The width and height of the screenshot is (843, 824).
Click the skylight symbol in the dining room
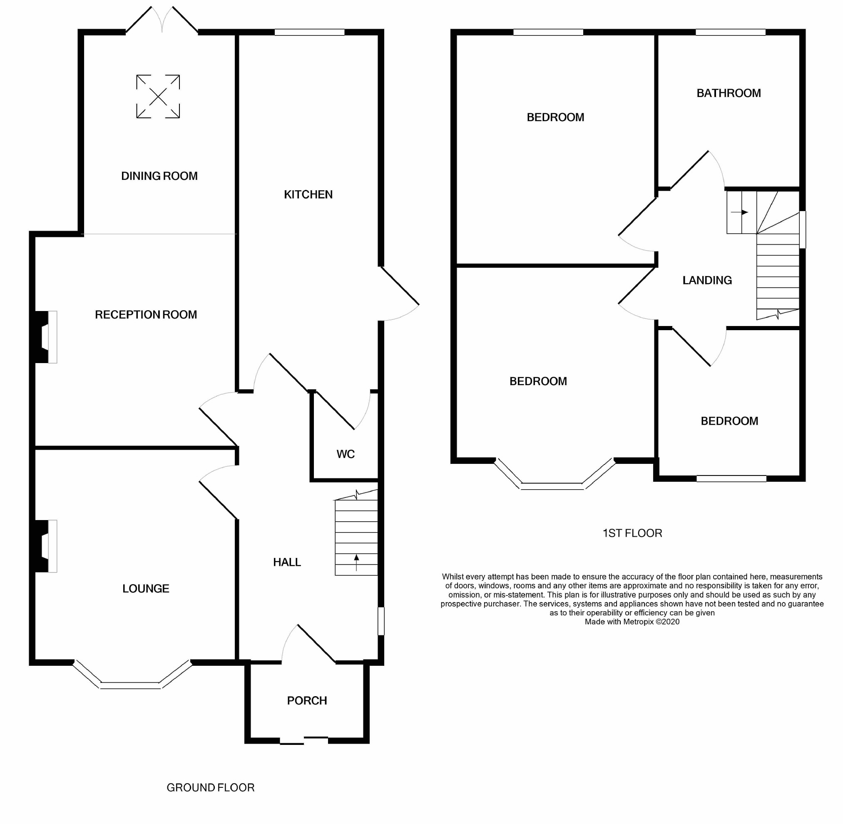click(158, 97)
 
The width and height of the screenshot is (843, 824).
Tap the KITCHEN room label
click(308, 195)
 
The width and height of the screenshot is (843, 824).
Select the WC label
click(346, 454)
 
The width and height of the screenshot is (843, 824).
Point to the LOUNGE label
click(146, 589)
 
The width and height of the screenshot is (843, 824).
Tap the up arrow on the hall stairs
click(356, 562)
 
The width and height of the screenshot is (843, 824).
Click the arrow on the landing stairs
click(739, 212)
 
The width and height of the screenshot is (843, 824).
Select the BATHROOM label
click(729, 93)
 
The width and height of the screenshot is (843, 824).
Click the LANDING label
click(707, 281)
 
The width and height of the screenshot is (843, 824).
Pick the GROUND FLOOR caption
click(211, 788)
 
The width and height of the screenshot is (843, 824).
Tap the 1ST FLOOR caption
click(632, 533)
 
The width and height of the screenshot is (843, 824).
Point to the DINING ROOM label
click(159, 176)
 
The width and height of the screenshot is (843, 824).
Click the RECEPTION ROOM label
click(146, 315)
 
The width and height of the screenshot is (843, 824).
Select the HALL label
click(287, 562)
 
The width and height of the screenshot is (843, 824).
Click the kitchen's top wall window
click(309, 32)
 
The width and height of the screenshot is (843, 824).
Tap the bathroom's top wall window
click(731, 32)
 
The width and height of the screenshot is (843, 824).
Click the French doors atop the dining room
click(162, 20)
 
